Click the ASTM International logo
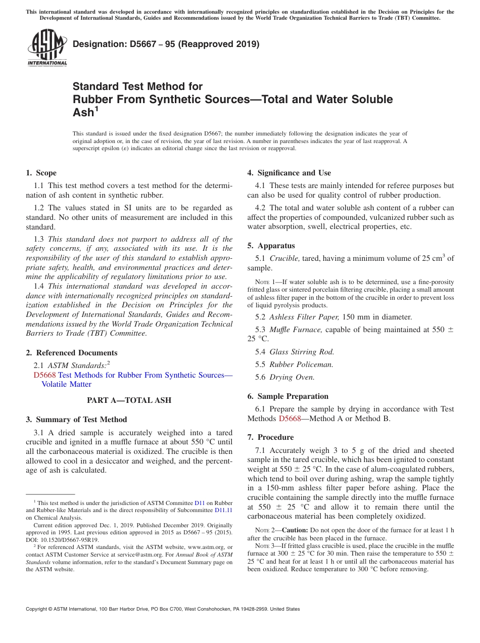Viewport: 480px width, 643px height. pos(46,48)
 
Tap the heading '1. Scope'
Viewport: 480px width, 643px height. pos(41,173)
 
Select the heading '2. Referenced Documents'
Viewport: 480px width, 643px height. pos(71,353)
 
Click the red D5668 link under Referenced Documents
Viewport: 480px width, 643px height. pos(44,375)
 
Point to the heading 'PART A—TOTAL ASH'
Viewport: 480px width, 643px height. pos(129,400)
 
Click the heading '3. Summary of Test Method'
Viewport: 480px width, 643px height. pos(76,420)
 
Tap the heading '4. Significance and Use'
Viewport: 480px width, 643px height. pos(289,173)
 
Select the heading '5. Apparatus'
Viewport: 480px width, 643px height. pos(271,246)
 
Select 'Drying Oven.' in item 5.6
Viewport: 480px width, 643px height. pos(292,377)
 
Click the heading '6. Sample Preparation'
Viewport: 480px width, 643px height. pos(287,396)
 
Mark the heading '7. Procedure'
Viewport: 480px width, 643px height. pos(270,437)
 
